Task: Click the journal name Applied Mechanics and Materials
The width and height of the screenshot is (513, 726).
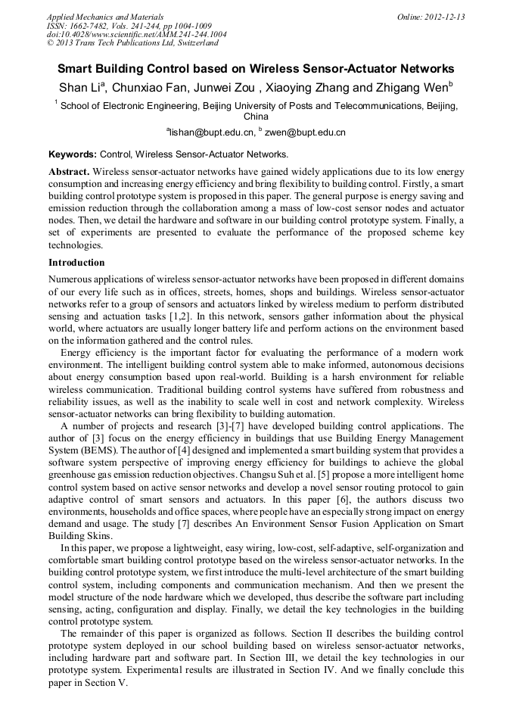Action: coord(105,17)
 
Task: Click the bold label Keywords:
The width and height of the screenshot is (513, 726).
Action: coord(73,154)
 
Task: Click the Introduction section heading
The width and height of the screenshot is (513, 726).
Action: coord(76,263)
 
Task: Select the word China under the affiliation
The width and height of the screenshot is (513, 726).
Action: coord(256,117)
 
